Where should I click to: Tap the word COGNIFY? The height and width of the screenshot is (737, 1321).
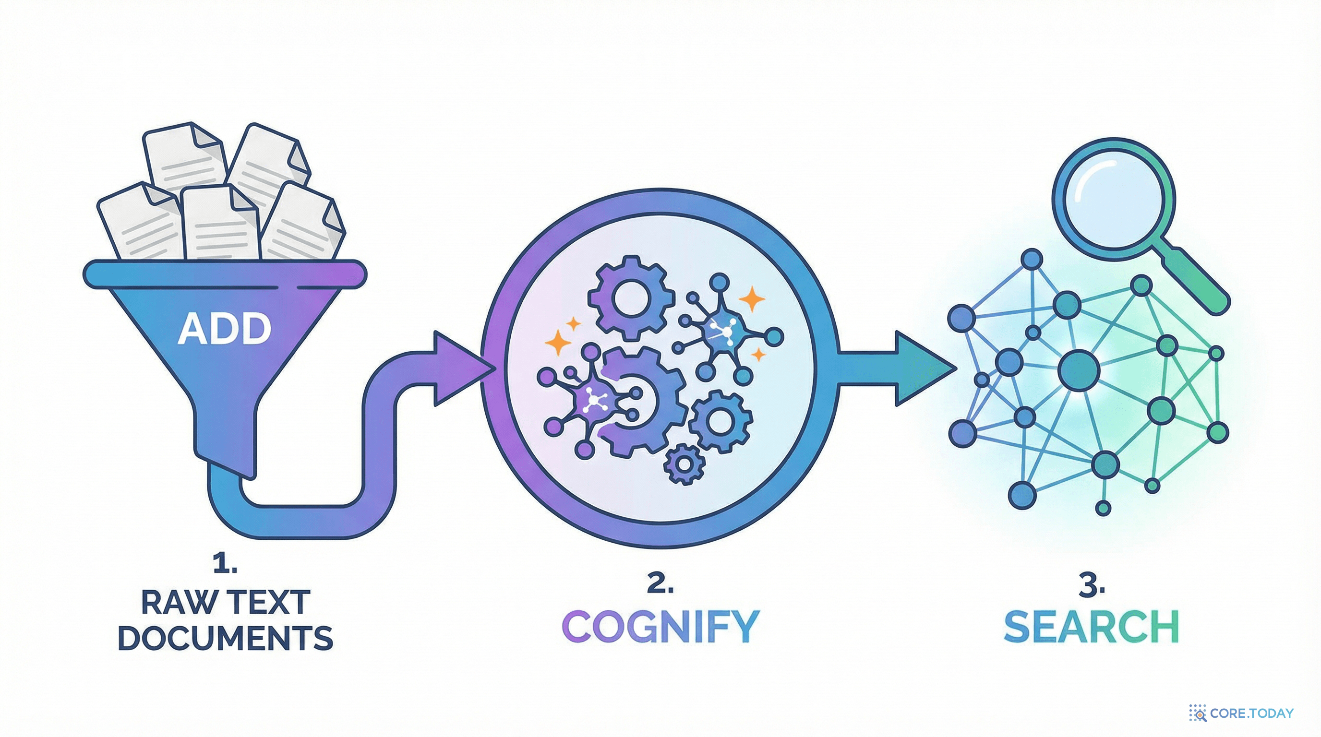pos(660,626)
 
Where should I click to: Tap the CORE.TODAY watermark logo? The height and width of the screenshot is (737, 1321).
pos(1241,713)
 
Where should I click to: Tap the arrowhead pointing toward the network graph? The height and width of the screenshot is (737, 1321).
pos(923,368)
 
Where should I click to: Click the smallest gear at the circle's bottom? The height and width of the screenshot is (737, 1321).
pos(684,464)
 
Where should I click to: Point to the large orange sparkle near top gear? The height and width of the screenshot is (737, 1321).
pos(752,299)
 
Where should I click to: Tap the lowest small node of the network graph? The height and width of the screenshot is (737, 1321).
pos(1103,508)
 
